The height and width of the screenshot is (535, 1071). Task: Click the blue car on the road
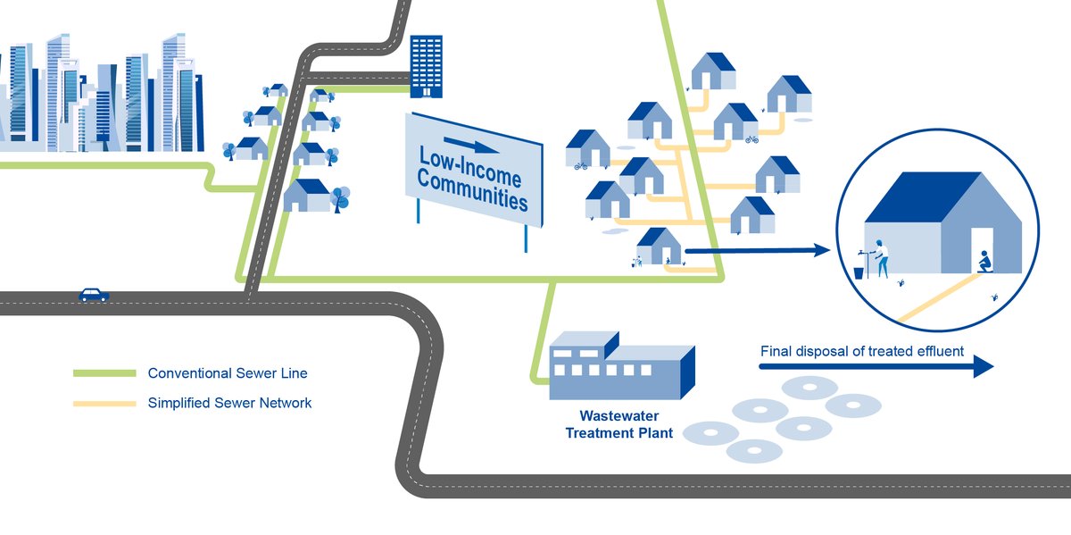tap(94, 294)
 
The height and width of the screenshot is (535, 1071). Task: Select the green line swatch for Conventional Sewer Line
tap(104, 372)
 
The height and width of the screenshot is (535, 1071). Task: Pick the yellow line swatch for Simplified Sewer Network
tap(104, 403)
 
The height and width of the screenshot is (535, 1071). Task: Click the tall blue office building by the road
tap(426, 67)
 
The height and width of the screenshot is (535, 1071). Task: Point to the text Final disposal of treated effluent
tap(861, 351)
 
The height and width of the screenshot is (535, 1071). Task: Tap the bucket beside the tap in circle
tap(859, 272)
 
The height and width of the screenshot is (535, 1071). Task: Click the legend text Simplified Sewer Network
tap(229, 403)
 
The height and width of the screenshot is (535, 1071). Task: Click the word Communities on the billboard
tap(472, 191)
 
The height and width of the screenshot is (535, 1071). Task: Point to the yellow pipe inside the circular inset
tap(937, 299)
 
